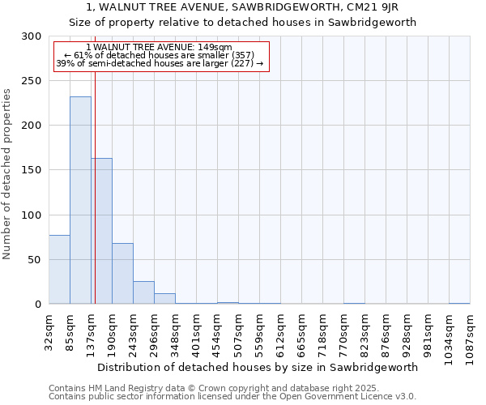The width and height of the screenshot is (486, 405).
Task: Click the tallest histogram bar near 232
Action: coord(80,200)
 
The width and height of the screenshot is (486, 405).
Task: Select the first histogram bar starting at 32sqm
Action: coord(59,270)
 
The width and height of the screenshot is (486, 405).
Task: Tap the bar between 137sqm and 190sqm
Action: coord(101,231)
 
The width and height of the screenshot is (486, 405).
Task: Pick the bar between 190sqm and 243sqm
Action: coord(122,274)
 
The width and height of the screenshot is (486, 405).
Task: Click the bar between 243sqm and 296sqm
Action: coord(143,292)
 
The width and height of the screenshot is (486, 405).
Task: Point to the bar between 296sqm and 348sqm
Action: coord(164,299)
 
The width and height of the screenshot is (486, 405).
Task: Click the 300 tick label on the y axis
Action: coord(32,36)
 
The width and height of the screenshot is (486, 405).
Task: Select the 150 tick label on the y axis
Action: coord(32,170)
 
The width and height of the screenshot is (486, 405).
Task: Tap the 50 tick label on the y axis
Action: coord(35,260)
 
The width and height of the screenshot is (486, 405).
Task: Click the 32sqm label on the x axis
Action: coord(49,329)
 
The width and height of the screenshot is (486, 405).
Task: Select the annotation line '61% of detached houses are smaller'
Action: coord(159,55)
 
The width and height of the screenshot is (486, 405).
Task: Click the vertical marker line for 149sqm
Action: coord(95,202)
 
